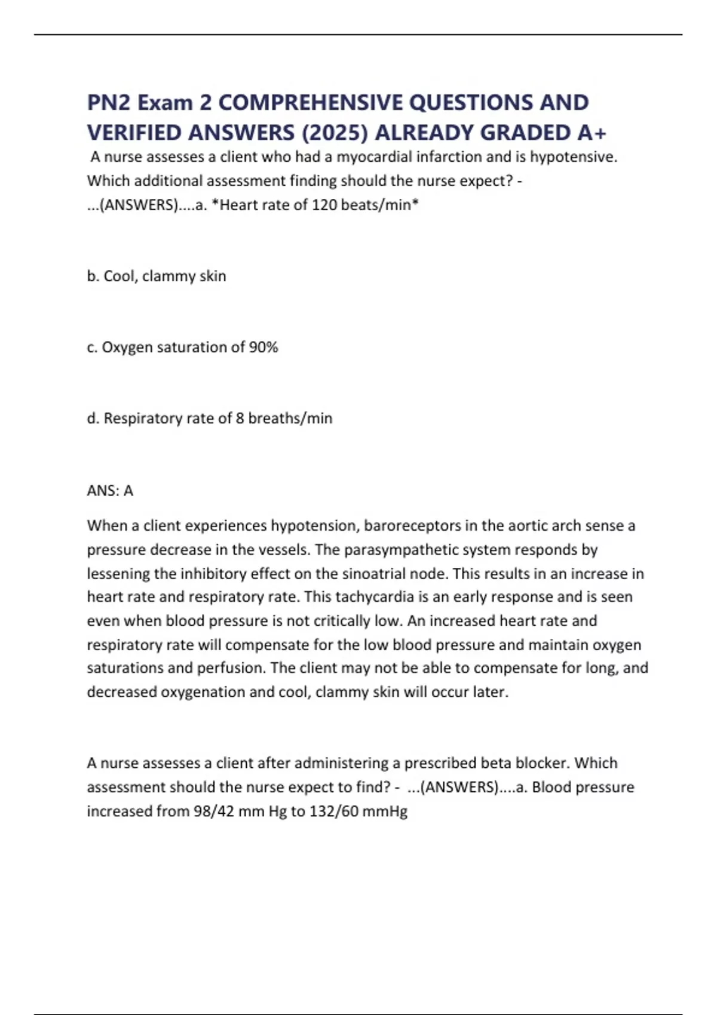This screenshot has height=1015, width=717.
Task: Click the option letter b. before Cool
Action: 93,276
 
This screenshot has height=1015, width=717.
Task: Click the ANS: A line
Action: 110,491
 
